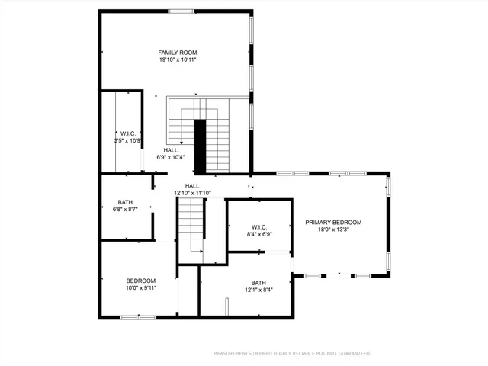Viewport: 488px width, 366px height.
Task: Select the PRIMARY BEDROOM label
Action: (333, 223)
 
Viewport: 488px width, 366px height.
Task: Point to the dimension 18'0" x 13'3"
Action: (333, 230)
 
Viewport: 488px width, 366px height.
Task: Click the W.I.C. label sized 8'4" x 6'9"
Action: (259, 226)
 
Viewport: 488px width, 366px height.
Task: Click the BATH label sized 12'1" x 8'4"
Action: (258, 282)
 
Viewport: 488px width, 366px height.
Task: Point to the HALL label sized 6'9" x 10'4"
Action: (171, 150)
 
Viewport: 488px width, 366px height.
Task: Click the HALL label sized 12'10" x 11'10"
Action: (192, 186)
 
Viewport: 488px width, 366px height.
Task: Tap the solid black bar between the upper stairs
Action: (200, 146)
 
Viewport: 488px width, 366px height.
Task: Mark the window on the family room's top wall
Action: (180, 11)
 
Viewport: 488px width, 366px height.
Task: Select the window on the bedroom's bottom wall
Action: (138, 316)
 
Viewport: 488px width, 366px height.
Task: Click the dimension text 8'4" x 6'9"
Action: (259, 234)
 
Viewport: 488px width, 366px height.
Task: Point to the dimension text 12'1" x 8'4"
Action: (258, 290)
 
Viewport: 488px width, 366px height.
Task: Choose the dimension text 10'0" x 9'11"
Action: (141, 289)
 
